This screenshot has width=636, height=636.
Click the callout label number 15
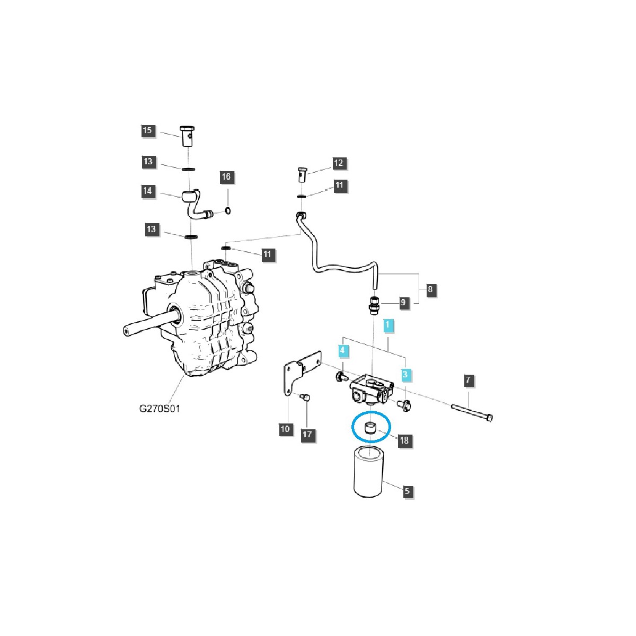[148, 131]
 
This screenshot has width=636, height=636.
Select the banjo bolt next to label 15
[186, 136]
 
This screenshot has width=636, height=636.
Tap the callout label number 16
[226, 176]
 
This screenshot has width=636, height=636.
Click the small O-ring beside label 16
[227, 211]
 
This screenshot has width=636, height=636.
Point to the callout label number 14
[148, 191]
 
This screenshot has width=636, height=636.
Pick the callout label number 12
[339, 163]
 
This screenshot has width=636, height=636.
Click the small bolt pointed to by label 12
[302, 174]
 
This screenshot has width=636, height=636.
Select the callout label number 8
[430, 289]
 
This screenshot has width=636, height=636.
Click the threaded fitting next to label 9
[374, 306]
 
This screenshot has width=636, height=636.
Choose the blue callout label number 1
[388, 325]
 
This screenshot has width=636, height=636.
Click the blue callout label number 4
[343, 350]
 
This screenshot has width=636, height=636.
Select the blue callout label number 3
[405, 375]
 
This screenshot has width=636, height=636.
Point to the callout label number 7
[467, 380]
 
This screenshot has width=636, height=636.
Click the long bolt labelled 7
[472, 412]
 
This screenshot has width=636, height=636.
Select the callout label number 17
[307, 435]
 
